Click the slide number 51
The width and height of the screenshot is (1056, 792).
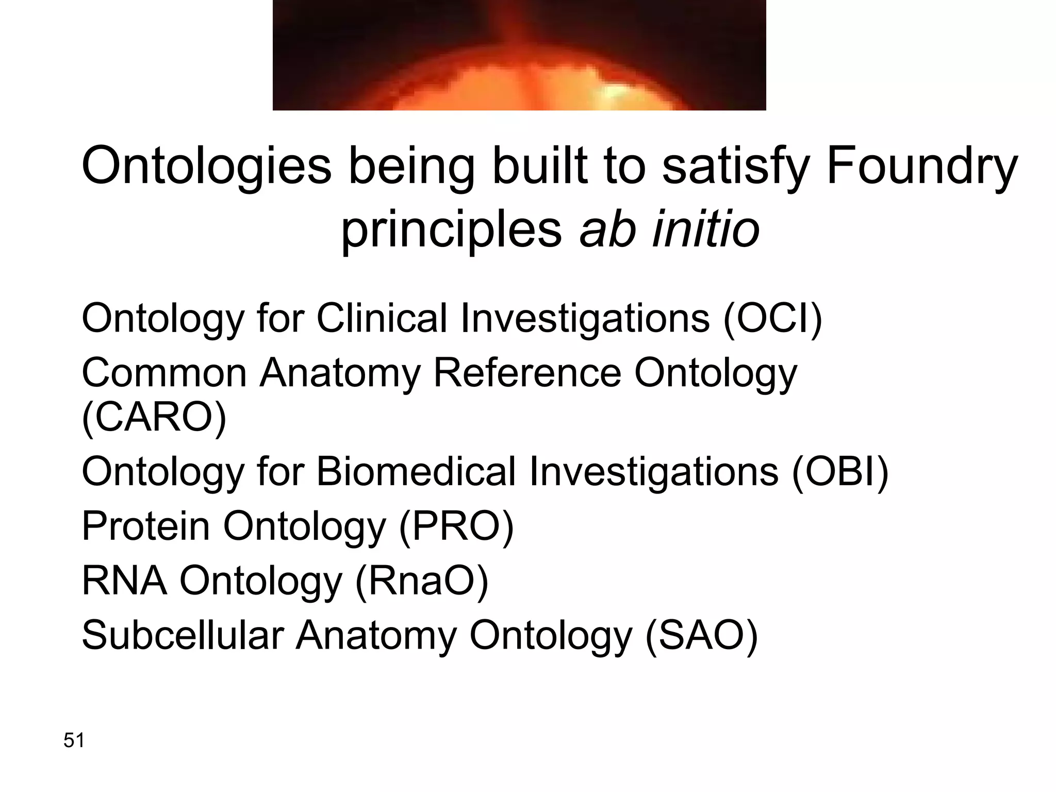pos(74,740)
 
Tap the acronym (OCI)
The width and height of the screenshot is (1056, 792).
pos(772,319)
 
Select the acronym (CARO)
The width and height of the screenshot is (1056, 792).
pos(154,418)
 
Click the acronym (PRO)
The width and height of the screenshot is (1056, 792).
pos(456,526)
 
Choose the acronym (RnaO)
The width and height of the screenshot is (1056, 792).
pos(422,581)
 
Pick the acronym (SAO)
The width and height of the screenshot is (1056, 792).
pos(701,636)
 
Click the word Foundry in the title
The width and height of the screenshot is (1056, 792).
pos(921,167)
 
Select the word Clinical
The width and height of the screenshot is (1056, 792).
pos(382,319)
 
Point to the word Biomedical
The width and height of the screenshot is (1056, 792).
pos(416,472)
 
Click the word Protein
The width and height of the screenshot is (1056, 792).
pos(146,526)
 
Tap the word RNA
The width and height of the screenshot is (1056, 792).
pos(124,581)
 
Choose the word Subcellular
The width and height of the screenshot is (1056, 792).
pos(183,636)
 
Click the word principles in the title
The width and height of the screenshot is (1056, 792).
pos(452,229)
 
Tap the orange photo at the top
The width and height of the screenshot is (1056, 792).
pos(519,55)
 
